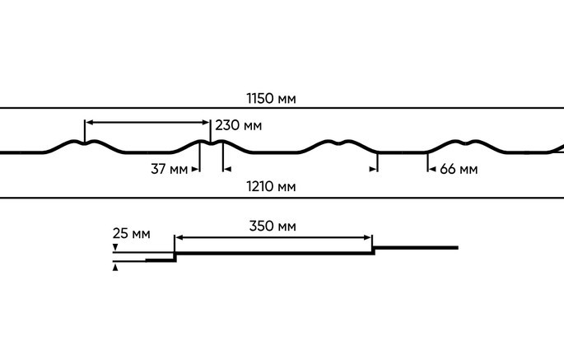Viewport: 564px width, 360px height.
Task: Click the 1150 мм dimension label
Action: [271, 98]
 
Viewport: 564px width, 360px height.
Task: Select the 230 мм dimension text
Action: [239, 125]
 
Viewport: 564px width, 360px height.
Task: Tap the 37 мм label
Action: [169, 169]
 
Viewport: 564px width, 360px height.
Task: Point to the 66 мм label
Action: [459, 169]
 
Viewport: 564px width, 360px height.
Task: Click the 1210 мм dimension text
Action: [271, 186]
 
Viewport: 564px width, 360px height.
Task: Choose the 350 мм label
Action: [273, 226]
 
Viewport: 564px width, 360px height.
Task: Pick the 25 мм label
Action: [131, 233]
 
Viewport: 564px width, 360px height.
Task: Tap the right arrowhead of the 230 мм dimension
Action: [206, 123]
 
